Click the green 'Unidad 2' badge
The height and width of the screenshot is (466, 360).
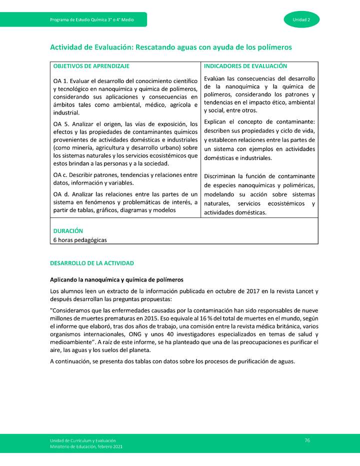(x=301, y=19)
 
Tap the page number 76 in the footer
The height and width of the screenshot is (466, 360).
(x=307, y=440)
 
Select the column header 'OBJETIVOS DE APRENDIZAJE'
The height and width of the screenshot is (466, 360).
(x=91, y=66)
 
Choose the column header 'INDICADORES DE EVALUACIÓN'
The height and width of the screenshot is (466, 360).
(x=245, y=66)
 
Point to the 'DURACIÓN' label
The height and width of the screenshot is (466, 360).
(x=68, y=231)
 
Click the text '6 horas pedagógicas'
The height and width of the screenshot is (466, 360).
(x=80, y=239)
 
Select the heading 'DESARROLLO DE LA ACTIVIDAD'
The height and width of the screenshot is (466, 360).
(x=91, y=263)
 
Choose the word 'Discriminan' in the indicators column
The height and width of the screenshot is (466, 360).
(x=220, y=176)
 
